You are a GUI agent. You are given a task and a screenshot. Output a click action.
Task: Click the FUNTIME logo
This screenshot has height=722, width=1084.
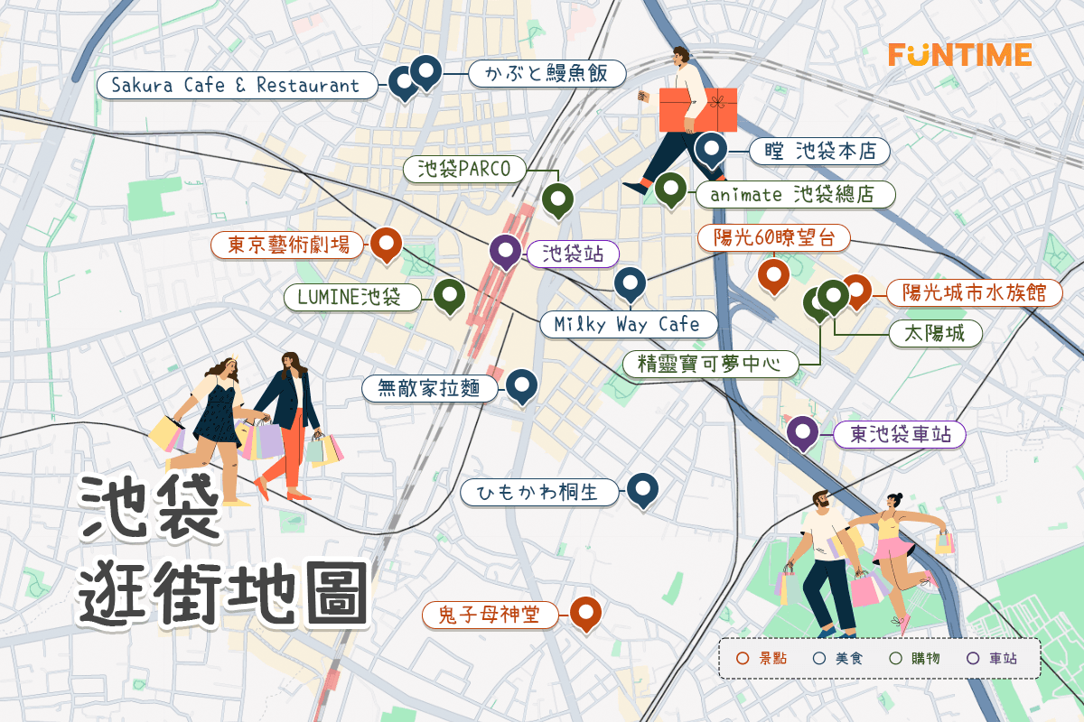coord(959,54)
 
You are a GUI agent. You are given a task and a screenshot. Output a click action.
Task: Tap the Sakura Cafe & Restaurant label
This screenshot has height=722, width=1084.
coord(236,86)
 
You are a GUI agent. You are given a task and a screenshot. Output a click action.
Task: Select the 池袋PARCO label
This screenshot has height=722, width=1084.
coord(464,169)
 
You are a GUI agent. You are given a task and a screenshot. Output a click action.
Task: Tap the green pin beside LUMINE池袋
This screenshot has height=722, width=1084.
coord(449,295)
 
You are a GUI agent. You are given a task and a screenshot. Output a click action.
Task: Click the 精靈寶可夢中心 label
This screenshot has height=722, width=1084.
coord(713,365)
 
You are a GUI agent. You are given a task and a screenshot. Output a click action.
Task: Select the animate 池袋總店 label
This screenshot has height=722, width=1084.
coord(795,194)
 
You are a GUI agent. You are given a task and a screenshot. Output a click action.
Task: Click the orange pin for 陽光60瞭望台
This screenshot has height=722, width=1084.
coord(772,275)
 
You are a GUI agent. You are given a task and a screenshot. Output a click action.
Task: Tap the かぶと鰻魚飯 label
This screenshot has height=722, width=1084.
coord(547,73)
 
